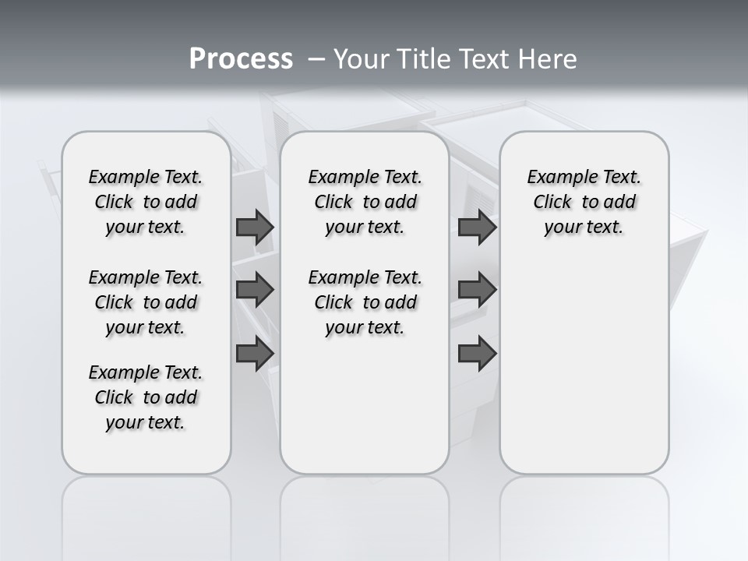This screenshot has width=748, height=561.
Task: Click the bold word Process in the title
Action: click(x=241, y=59)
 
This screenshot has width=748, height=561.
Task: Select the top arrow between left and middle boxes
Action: click(x=255, y=228)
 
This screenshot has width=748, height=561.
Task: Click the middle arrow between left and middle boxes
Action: click(x=255, y=291)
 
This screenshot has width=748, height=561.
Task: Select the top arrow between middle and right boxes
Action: click(x=477, y=228)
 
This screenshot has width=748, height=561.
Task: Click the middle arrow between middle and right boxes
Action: click(x=477, y=291)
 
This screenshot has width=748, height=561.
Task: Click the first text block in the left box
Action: click(x=146, y=202)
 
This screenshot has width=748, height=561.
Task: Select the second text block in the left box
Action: click(x=146, y=302)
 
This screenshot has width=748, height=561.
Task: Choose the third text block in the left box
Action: click(x=146, y=397)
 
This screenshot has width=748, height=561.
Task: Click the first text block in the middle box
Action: click(x=365, y=202)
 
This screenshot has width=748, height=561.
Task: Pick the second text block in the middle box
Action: click(x=365, y=302)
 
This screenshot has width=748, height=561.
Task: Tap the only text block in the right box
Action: click(x=584, y=202)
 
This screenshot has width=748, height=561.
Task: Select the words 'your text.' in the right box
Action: click(x=584, y=228)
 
